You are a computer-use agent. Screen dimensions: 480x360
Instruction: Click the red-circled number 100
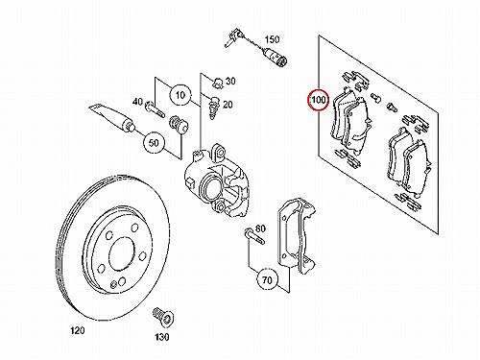click(x=319, y=100)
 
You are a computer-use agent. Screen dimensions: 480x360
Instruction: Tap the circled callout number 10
click(x=180, y=95)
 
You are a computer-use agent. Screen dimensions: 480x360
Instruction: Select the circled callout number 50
click(x=154, y=143)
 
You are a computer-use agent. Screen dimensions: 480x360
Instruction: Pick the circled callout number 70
click(x=267, y=280)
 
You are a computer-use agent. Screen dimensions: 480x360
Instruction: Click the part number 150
click(x=272, y=39)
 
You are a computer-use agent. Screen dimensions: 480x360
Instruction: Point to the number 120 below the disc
click(x=78, y=330)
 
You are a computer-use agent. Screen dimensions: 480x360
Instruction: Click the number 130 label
click(x=162, y=337)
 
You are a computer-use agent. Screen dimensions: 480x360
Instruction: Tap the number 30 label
click(x=230, y=81)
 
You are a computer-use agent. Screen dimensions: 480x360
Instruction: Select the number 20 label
click(x=228, y=105)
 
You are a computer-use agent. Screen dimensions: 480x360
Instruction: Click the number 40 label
click(x=137, y=102)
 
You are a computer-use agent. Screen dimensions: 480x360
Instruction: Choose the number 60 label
click(x=261, y=228)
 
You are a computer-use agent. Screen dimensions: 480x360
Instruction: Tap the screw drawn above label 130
click(x=163, y=317)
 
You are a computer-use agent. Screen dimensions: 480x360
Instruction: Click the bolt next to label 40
click(x=155, y=109)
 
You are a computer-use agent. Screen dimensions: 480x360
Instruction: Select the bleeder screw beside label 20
click(x=214, y=108)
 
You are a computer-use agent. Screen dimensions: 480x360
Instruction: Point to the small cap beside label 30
click(x=218, y=83)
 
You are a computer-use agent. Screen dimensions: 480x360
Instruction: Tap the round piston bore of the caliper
click(x=211, y=188)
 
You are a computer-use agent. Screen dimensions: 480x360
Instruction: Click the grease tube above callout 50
click(x=111, y=117)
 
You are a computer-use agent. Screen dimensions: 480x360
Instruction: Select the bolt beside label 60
click(x=254, y=236)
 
